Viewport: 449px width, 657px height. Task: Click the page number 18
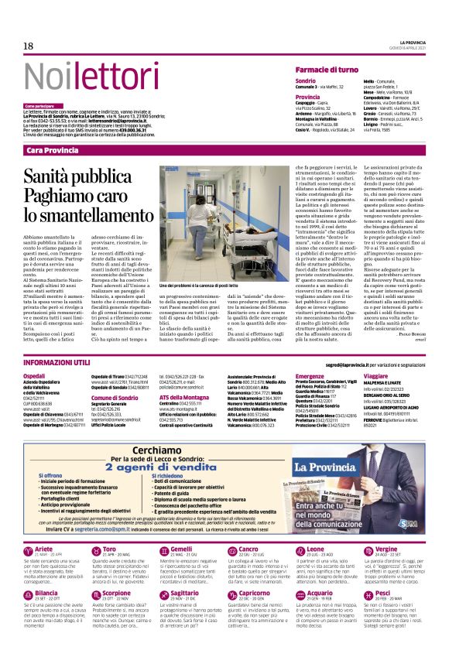click(x=29, y=46)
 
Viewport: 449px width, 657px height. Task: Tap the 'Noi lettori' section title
click(x=72, y=67)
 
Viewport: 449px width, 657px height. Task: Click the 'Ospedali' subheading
click(x=35, y=375)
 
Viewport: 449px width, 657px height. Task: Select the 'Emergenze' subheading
click(x=310, y=375)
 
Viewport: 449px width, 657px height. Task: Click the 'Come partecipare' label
click(x=40, y=105)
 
